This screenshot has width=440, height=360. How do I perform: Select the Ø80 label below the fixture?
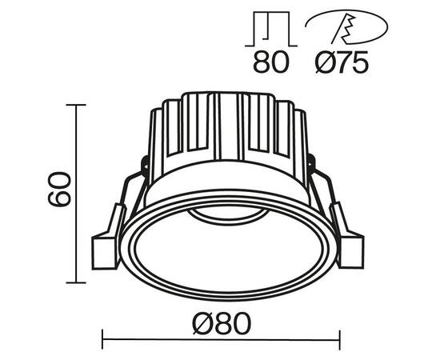point(222,323)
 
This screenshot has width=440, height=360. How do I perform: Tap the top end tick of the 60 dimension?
point(78,104)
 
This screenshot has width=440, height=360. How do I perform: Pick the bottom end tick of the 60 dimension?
point(78,282)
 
